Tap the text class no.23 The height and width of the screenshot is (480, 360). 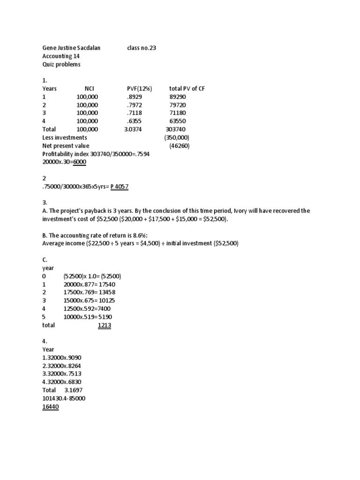[x=142, y=48]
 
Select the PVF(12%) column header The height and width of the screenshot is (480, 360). [x=140, y=89]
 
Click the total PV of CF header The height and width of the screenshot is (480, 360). [x=187, y=89]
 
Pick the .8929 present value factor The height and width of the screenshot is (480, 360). [x=134, y=97]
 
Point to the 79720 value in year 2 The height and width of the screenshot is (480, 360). [x=177, y=105]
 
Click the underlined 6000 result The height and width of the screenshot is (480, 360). [x=78, y=162]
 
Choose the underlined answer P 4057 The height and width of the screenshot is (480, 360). [x=119, y=187]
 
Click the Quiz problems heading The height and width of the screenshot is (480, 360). [x=61, y=64]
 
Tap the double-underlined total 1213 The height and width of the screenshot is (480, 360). [x=104, y=325]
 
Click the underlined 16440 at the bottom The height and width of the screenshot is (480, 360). [x=51, y=406]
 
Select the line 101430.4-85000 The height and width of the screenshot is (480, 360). [x=64, y=398]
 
